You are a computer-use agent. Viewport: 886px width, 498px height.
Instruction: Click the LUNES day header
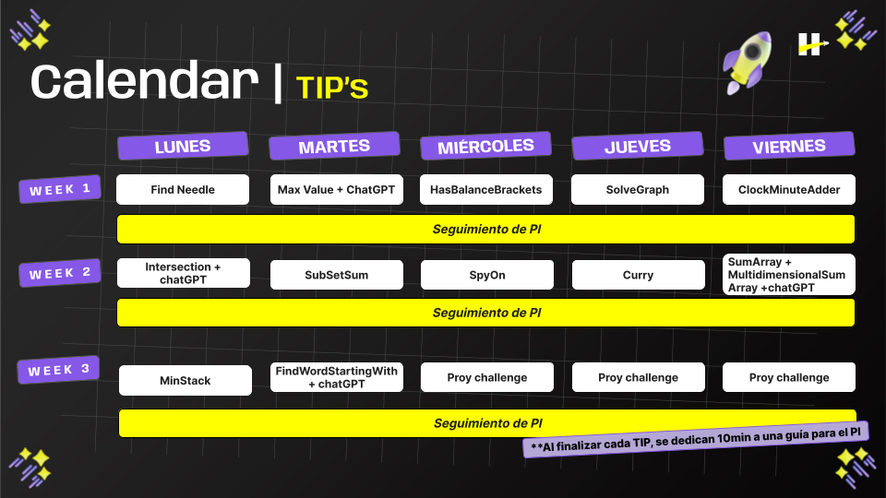[183, 146]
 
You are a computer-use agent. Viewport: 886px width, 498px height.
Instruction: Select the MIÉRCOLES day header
[485, 146]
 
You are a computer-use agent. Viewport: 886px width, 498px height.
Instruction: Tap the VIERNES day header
[789, 146]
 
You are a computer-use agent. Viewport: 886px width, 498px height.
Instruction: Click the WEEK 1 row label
[60, 190]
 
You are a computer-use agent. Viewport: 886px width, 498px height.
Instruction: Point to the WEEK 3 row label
[58, 370]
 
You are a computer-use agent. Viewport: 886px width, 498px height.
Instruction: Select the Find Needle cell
[183, 190]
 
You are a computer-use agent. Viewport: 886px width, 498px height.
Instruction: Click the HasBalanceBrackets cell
[486, 190]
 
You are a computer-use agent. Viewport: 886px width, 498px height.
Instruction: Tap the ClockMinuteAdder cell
[789, 190]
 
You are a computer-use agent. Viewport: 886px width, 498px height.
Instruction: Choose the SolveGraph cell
[638, 190]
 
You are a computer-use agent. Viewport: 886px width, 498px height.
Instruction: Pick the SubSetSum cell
[337, 275]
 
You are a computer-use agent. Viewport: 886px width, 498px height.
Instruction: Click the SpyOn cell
[487, 275]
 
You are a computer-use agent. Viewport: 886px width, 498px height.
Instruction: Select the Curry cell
[638, 275]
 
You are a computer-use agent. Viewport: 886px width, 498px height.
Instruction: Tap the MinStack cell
[186, 380]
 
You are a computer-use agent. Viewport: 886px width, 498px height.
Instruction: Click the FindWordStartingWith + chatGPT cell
[337, 377]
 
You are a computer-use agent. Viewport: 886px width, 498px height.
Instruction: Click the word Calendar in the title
[145, 82]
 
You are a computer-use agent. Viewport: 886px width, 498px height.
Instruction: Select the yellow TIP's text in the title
[332, 87]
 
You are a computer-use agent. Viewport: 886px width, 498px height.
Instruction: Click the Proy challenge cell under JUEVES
[638, 377]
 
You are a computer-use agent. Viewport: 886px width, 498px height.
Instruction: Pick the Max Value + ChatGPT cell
[337, 190]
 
